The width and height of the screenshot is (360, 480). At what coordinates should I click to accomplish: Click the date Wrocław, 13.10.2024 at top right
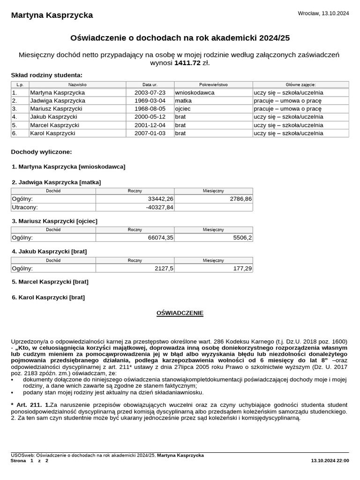pyautogui.click(x=323, y=14)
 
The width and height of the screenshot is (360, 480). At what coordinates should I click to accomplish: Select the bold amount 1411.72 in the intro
pyautogui.click(x=187, y=63)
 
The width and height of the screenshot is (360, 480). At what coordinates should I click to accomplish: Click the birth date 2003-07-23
pyautogui.click(x=150, y=93)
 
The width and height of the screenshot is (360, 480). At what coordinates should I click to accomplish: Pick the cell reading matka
pyautogui.click(x=183, y=101)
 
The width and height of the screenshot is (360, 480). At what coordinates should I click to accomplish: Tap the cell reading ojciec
pyautogui.click(x=183, y=109)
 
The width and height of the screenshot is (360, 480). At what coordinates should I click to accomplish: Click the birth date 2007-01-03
pyautogui.click(x=150, y=133)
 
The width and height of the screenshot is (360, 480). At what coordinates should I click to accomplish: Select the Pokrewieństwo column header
pyautogui.click(x=213, y=85)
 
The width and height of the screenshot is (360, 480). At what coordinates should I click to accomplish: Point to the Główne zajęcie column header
pyautogui.click(x=300, y=85)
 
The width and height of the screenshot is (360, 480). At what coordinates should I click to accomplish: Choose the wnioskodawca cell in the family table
pyautogui.click(x=195, y=93)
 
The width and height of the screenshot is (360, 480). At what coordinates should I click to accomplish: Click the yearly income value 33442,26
pyautogui.click(x=160, y=199)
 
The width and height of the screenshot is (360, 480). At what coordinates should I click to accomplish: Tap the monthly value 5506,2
pyautogui.click(x=243, y=238)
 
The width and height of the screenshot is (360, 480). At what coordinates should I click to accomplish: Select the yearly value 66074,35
pyautogui.click(x=160, y=238)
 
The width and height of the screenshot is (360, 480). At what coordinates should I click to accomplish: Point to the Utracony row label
pyautogui.click(x=25, y=207)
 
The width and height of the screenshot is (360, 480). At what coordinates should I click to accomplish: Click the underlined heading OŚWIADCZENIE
pyautogui.click(x=180, y=313)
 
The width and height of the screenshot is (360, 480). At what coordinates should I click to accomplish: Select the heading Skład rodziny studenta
pyautogui.click(x=46, y=75)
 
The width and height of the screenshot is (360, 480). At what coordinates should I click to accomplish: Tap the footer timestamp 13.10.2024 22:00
pyautogui.click(x=330, y=461)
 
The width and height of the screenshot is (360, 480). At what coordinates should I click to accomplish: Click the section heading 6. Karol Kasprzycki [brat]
pyautogui.click(x=48, y=297)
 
